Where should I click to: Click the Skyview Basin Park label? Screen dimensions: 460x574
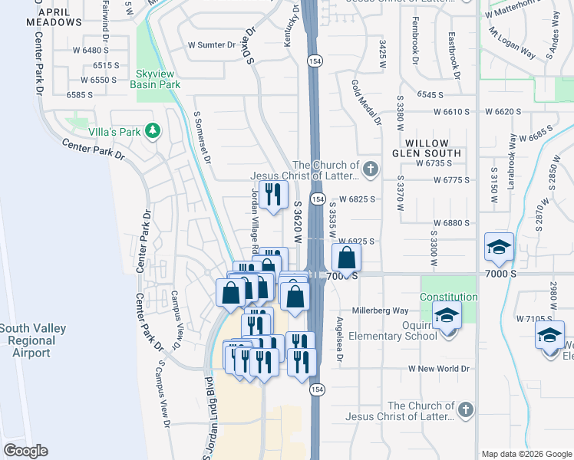[x=158, y=79]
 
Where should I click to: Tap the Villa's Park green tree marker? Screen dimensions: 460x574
[x=153, y=131]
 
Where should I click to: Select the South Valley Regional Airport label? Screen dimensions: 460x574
[x=32, y=340]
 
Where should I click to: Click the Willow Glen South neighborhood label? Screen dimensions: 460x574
[x=433, y=148]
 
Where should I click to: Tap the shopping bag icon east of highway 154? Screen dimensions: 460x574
[x=346, y=258]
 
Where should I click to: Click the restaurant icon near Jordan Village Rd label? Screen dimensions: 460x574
[x=272, y=194]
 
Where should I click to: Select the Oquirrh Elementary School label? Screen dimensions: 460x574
[x=392, y=335]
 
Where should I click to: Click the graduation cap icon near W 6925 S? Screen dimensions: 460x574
[x=499, y=248]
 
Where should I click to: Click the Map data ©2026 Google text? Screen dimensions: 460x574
[x=526, y=454]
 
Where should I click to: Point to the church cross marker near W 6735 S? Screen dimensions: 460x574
[x=371, y=169]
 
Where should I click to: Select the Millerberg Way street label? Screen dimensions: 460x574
[x=380, y=310]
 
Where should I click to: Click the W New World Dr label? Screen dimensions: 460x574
[x=438, y=369]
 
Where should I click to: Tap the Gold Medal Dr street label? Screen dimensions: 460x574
[x=365, y=101]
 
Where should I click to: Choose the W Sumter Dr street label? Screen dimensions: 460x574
[x=212, y=45]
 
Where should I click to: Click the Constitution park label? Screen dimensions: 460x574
[x=449, y=297]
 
